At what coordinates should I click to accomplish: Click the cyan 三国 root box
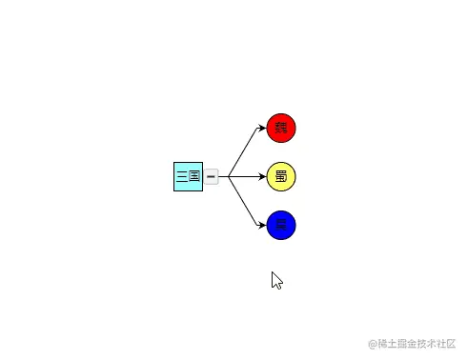coord(188,176)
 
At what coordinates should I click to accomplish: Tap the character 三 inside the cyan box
coord(182,176)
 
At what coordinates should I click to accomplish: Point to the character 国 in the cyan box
coord(194,176)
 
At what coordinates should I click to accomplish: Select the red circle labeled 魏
coord(281,127)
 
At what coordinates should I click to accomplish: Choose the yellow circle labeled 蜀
coord(281,176)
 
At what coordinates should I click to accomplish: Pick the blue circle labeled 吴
coord(281,226)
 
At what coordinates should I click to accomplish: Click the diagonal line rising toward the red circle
coord(245,150)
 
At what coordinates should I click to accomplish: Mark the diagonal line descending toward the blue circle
coord(245,202)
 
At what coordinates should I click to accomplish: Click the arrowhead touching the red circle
coord(262,128)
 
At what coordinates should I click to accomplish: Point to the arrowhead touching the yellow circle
coord(262,176)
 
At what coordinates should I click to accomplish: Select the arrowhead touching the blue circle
coord(262,225)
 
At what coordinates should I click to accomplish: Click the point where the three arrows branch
coord(229,176)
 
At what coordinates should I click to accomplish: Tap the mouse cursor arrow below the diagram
coord(276,280)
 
